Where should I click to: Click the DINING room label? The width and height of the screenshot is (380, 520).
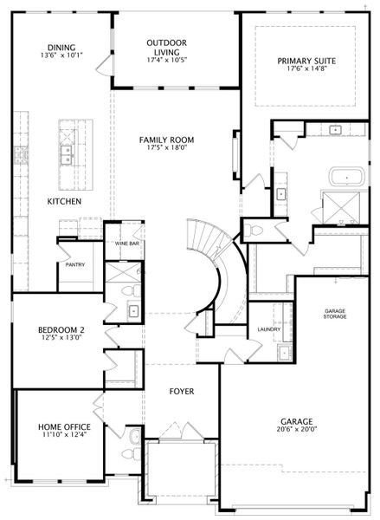pos(61,48)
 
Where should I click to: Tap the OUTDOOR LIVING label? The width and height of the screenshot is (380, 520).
pos(167,48)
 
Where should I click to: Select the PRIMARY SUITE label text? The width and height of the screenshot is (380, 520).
pos(306,61)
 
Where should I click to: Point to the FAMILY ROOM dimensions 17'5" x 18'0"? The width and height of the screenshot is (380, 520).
pos(166,148)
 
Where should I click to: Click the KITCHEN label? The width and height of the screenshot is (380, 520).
pos(64,201)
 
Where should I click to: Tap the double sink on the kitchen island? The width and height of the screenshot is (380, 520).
pos(67,155)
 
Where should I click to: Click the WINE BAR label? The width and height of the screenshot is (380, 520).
pos(127,244)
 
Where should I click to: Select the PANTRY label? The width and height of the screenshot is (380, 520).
pos(75,264)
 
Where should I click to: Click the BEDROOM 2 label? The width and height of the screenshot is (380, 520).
pos(61,330)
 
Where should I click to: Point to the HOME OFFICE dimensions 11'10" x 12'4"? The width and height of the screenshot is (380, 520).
pos(64,434)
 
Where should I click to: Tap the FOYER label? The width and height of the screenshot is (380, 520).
pos(182,392)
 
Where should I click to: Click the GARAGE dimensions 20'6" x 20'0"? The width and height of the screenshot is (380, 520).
pos(297,429)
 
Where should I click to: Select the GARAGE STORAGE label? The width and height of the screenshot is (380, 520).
pos(335,314)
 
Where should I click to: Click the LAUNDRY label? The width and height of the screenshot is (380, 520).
pos(269,329)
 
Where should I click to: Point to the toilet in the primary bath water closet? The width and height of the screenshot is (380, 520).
pos(254,230)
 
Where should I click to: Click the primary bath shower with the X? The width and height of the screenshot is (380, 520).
pos(341,208)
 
